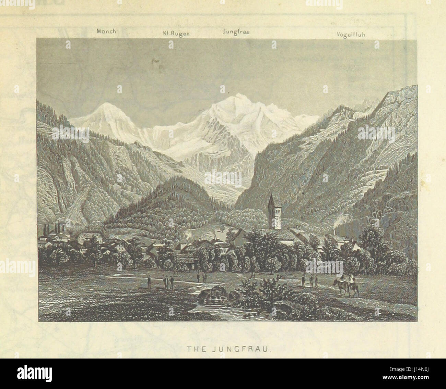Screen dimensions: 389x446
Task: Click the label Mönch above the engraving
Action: pyautogui.click(x=106, y=31)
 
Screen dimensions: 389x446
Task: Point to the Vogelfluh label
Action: pyautogui.click(x=350, y=35)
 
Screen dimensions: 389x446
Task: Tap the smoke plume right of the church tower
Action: pyautogui.click(x=338, y=219)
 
